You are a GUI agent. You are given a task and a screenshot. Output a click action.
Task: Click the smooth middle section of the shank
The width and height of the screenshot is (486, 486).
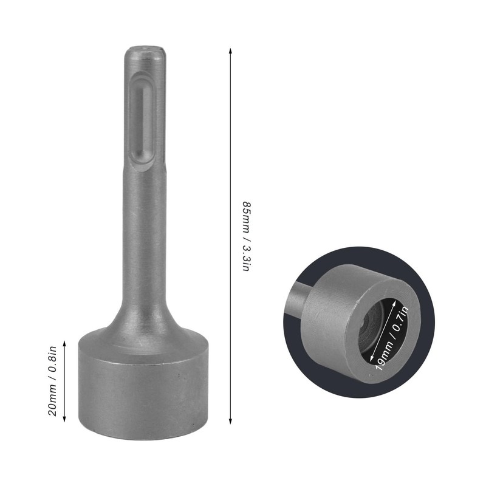143,231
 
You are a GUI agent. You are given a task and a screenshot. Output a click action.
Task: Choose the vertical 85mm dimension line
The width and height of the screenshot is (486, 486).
230,152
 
